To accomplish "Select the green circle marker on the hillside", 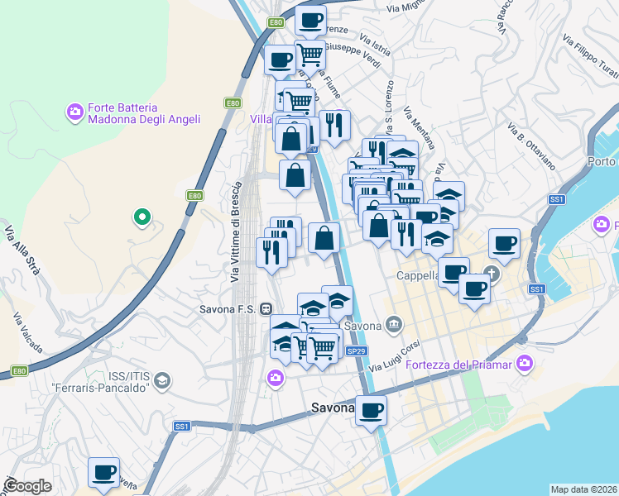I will tap(142, 218).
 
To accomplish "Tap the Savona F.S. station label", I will tap(228, 308).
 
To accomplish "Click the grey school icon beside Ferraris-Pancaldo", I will tap(163, 380).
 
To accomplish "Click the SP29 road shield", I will tap(356, 351).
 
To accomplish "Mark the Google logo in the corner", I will tap(28, 486).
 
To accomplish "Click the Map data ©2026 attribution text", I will tap(583, 489).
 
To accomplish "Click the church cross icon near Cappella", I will tap(492, 273).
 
